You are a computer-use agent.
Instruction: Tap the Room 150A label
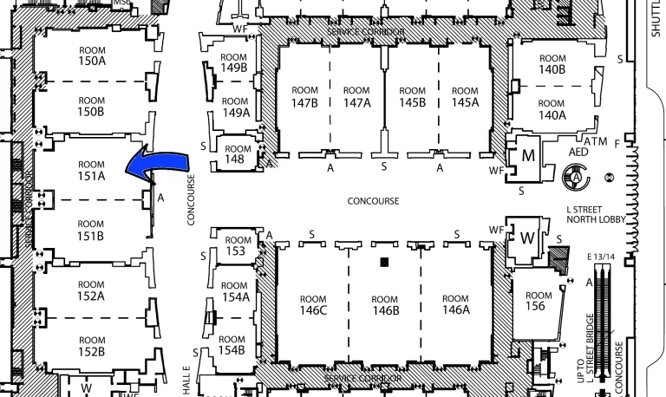click(x=91, y=55)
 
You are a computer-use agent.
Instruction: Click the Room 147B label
click(x=304, y=96)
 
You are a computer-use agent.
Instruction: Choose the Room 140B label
click(x=552, y=62)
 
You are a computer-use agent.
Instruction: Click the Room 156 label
click(x=539, y=300)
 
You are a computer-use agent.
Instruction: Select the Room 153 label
click(x=236, y=246)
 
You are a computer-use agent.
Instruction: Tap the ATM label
click(x=594, y=140)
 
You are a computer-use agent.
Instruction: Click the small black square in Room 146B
click(x=382, y=262)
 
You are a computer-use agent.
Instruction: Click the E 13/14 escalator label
click(x=600, y=257)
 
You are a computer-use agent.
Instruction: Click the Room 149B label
click(x=234, y=62)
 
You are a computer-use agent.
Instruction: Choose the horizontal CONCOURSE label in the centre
click(x=373, y=201)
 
